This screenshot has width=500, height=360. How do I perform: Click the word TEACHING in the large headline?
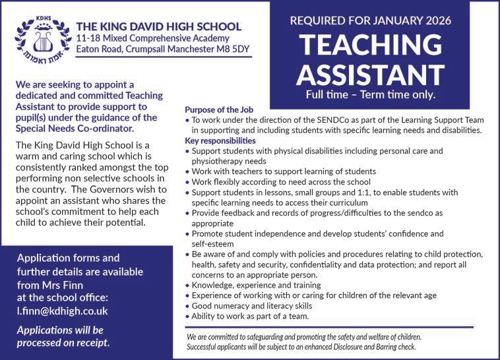370,44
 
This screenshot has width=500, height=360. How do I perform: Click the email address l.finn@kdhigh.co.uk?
62,310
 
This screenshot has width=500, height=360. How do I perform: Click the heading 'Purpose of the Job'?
218,109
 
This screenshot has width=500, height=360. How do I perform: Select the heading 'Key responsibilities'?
220,140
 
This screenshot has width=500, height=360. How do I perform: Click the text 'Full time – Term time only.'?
370,94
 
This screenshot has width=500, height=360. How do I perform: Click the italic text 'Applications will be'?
59,330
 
